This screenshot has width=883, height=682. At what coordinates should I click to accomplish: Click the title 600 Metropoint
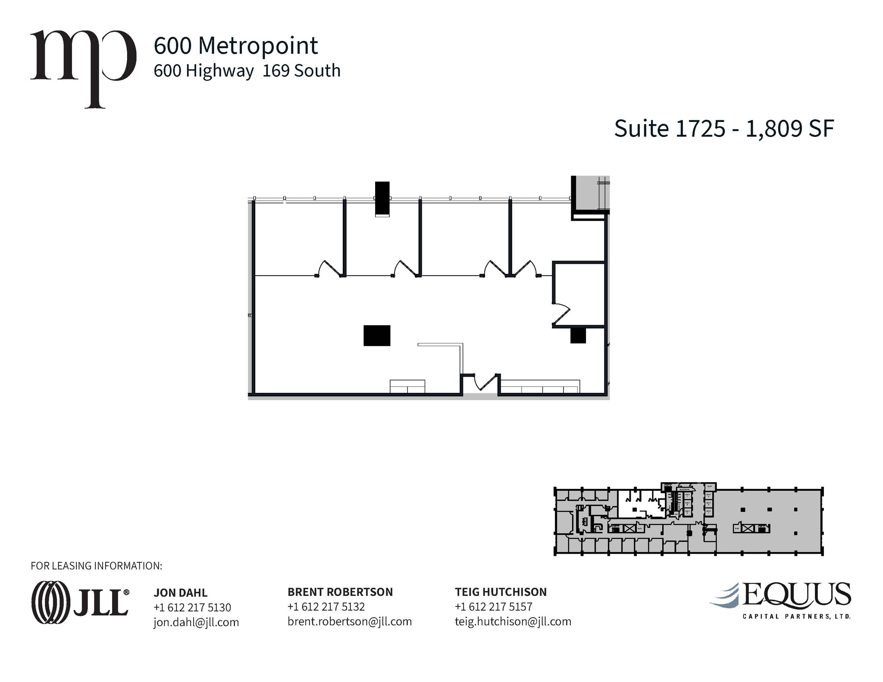click(235, 46)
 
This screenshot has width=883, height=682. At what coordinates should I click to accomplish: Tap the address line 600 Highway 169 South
click(247, 71)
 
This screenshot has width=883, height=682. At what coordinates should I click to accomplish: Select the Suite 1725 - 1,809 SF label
click(724, 128)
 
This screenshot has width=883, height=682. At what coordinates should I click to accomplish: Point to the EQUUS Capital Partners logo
click(780, 600)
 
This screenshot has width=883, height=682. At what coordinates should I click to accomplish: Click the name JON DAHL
click(181, 593)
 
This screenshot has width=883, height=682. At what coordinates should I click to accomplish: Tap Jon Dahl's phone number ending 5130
click(192, 607)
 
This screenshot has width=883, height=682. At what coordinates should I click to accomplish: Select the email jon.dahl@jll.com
click(196, 622)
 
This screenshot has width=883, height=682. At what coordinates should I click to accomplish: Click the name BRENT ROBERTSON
click(340, 592)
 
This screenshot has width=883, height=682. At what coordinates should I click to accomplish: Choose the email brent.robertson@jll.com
click(350, 621)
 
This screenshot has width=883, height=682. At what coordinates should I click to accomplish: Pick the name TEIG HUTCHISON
click(501, 592)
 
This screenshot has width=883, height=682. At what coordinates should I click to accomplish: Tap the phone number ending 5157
click(493, 607)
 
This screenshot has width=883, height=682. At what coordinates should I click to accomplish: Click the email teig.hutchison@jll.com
click(513, 621)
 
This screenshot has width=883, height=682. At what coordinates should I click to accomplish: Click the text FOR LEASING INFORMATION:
click(97, 566)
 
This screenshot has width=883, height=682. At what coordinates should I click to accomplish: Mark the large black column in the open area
click(377, 336)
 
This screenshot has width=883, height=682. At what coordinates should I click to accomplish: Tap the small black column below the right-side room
click(578, 336)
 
